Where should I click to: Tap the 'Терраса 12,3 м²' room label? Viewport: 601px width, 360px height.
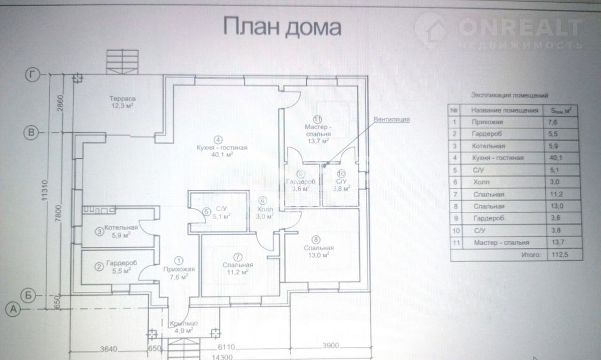point(123,102)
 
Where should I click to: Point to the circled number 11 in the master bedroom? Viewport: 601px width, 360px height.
point(318,119)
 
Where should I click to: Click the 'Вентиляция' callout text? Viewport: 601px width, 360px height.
point(392,119)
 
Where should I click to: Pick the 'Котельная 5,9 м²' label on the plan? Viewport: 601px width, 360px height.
point(121,231)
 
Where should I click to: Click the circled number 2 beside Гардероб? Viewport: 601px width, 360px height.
point(99,267)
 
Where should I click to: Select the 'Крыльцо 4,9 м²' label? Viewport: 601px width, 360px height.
point(184,327)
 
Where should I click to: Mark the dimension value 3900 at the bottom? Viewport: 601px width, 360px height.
point(331,346)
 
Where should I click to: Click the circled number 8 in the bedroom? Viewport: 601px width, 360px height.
point(315,238)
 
